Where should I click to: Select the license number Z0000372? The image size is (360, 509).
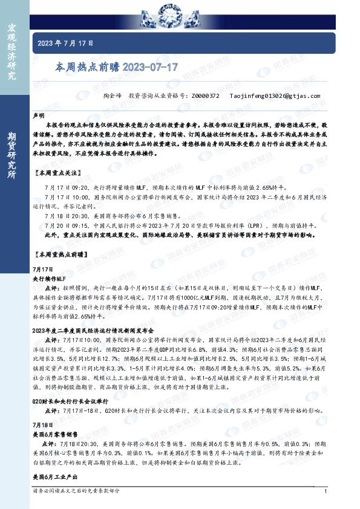tap(205, 96)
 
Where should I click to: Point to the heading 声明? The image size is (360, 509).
tap(39, 114)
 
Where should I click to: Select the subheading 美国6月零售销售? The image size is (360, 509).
tap(53, 434)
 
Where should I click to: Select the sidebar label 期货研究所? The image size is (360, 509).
tap(11, 154)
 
